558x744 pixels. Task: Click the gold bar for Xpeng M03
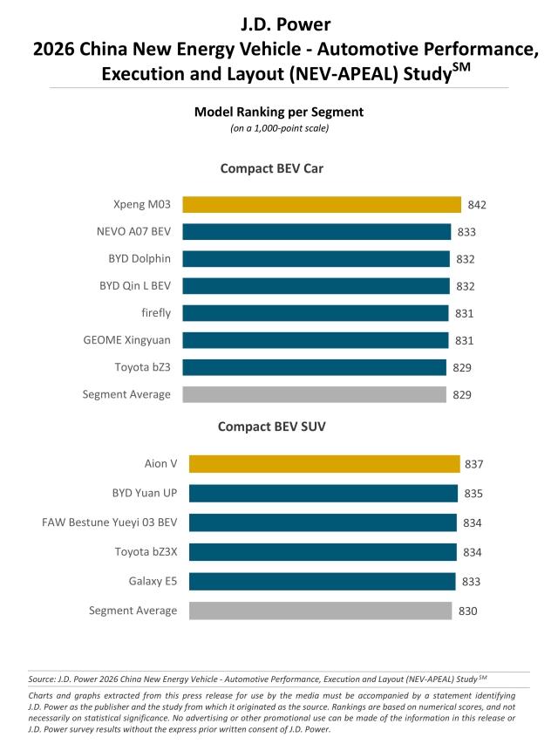[x=322, y=205]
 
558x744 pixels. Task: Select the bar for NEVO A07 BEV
[x=316, y=232]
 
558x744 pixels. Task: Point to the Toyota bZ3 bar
[x=314, y=367]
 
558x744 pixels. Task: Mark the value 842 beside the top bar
[x=476, y=206]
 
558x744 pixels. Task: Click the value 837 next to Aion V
[x=473, y=464]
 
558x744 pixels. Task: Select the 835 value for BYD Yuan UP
[x=472, y=494]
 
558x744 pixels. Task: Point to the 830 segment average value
[x=468, y=611]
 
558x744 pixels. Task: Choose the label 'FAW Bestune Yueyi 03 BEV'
[x=109, y=522]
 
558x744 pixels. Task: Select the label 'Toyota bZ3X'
[x=146, y=552]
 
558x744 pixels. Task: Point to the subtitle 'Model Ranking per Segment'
[x=278, y=112]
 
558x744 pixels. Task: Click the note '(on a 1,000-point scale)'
[x=278, y=128]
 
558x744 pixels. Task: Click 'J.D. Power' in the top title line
[x=278, y=24]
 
